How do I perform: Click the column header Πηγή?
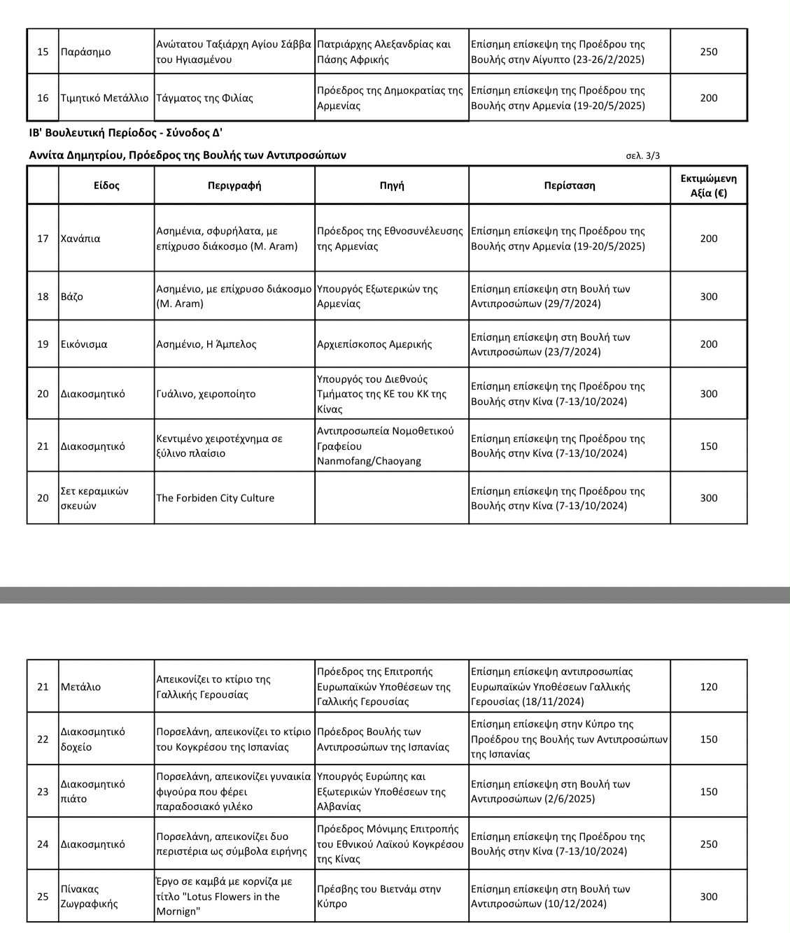pos(391,185)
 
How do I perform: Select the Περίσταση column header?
pos(569,185)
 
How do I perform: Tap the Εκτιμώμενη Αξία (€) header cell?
pos(708,185)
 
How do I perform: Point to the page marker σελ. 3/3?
pos(642,155)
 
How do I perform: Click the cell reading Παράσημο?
pos(85,52)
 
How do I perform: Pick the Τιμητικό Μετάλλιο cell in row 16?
pos(104,98)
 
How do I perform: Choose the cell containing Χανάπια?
pos(80,238)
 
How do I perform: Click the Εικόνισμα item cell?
pos(84,344)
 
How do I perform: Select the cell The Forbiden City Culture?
pos(215,498)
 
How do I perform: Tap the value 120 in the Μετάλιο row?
pos(708,687)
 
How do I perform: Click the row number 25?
pos(43,897)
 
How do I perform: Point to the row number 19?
pos(43,344)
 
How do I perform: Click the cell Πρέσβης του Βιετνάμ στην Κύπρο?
pos(379,897)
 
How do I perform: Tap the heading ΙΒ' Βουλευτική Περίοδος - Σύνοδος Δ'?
pos(126,133)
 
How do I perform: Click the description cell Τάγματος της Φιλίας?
pos(204,98)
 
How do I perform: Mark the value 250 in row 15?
pos(708,52)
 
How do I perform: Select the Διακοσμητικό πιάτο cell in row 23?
pos(92,792)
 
